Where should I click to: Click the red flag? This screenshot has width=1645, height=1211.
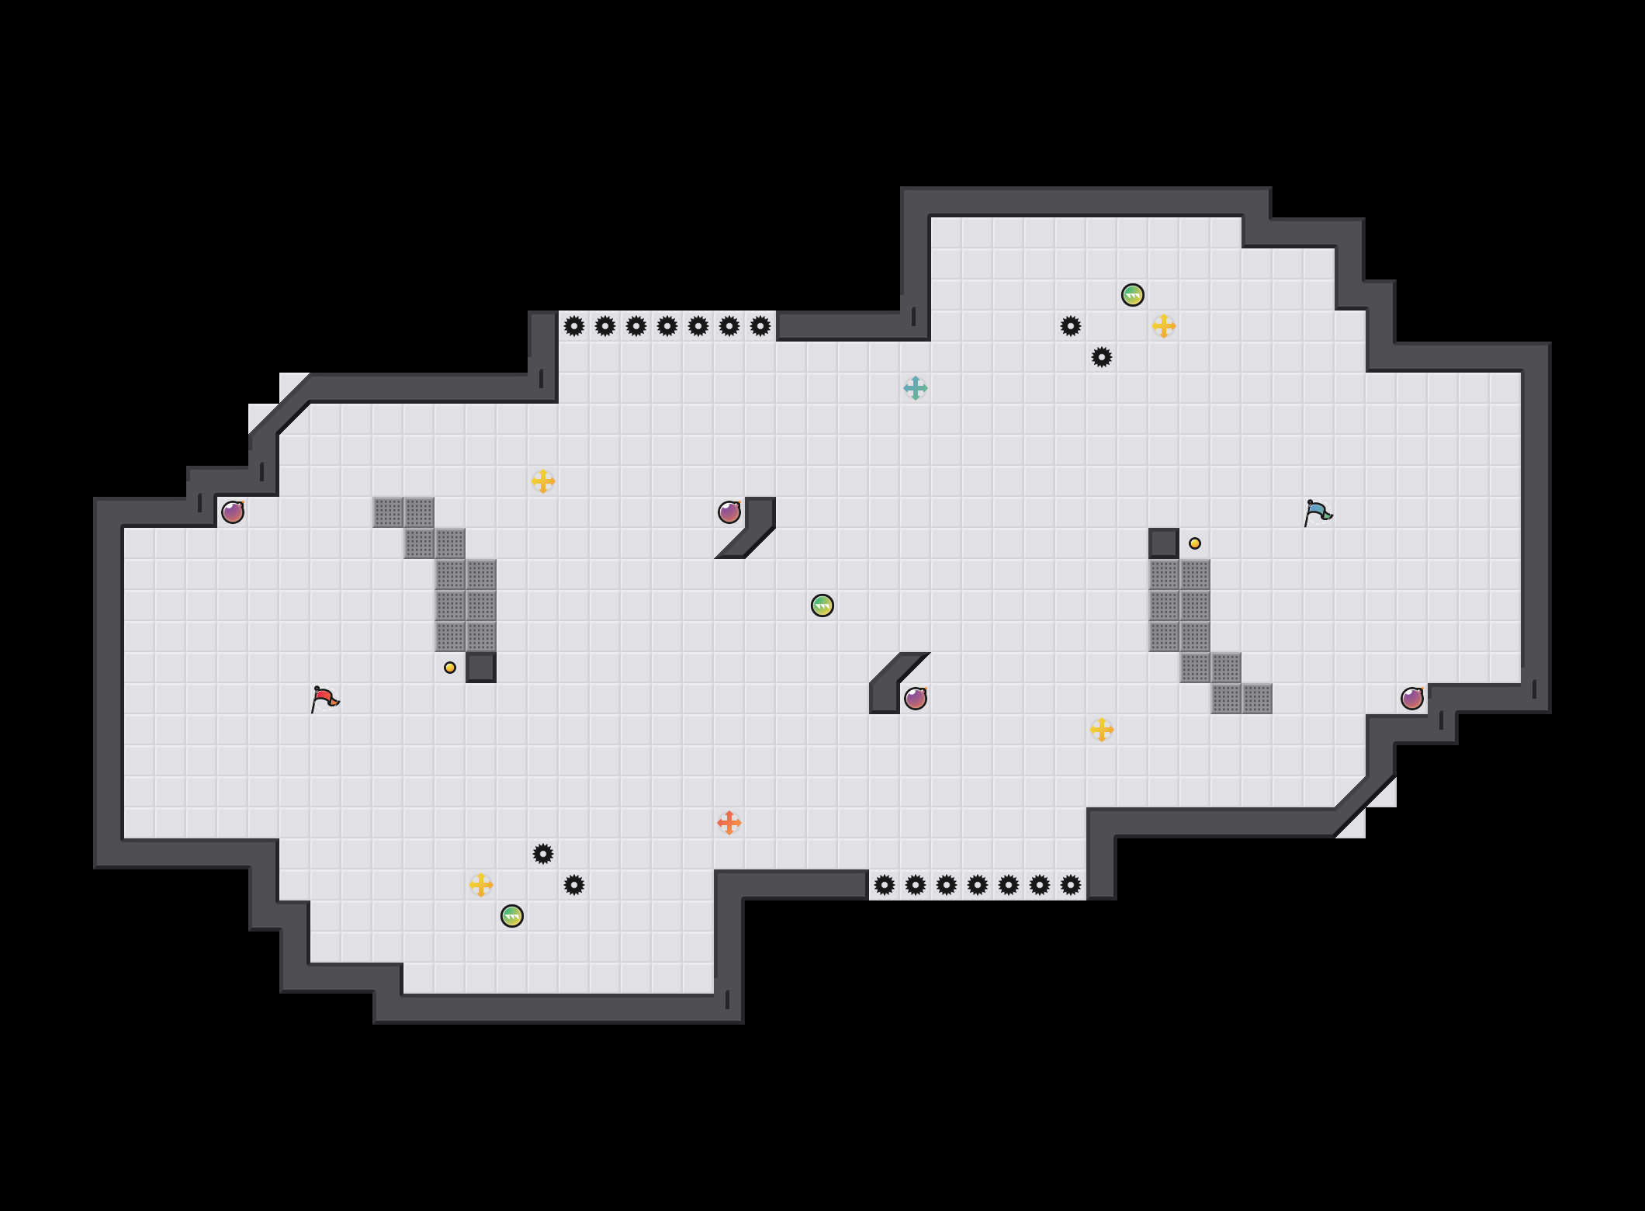324,699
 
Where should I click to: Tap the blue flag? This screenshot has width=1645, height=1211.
1318,512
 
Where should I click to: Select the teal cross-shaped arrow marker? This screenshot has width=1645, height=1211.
916,388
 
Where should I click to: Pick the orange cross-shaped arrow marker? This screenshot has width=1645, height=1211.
729,823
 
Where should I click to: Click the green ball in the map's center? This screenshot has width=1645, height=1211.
822,605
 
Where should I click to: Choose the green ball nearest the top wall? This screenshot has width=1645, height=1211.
1133,295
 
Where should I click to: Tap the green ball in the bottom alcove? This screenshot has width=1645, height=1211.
512,916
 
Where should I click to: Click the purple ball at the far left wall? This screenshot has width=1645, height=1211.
233,512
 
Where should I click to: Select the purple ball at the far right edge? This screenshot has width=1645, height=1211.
1412,699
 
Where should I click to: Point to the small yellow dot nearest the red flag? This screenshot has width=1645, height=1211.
450,668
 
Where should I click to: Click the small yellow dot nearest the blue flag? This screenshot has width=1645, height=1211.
1195,543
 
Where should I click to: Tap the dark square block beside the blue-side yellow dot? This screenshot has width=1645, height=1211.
1164,543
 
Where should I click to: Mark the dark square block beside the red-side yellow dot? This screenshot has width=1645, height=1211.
481,668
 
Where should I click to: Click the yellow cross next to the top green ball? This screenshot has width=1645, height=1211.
1164,326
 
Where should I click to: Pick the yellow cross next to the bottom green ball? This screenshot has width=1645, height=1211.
481,885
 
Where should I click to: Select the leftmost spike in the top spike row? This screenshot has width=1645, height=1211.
574,326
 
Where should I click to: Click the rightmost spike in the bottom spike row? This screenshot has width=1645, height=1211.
1071,885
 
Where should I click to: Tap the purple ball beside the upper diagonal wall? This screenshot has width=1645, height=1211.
729,512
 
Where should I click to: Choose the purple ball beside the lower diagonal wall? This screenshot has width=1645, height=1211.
916,699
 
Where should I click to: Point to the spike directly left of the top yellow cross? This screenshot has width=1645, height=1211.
1071,326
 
